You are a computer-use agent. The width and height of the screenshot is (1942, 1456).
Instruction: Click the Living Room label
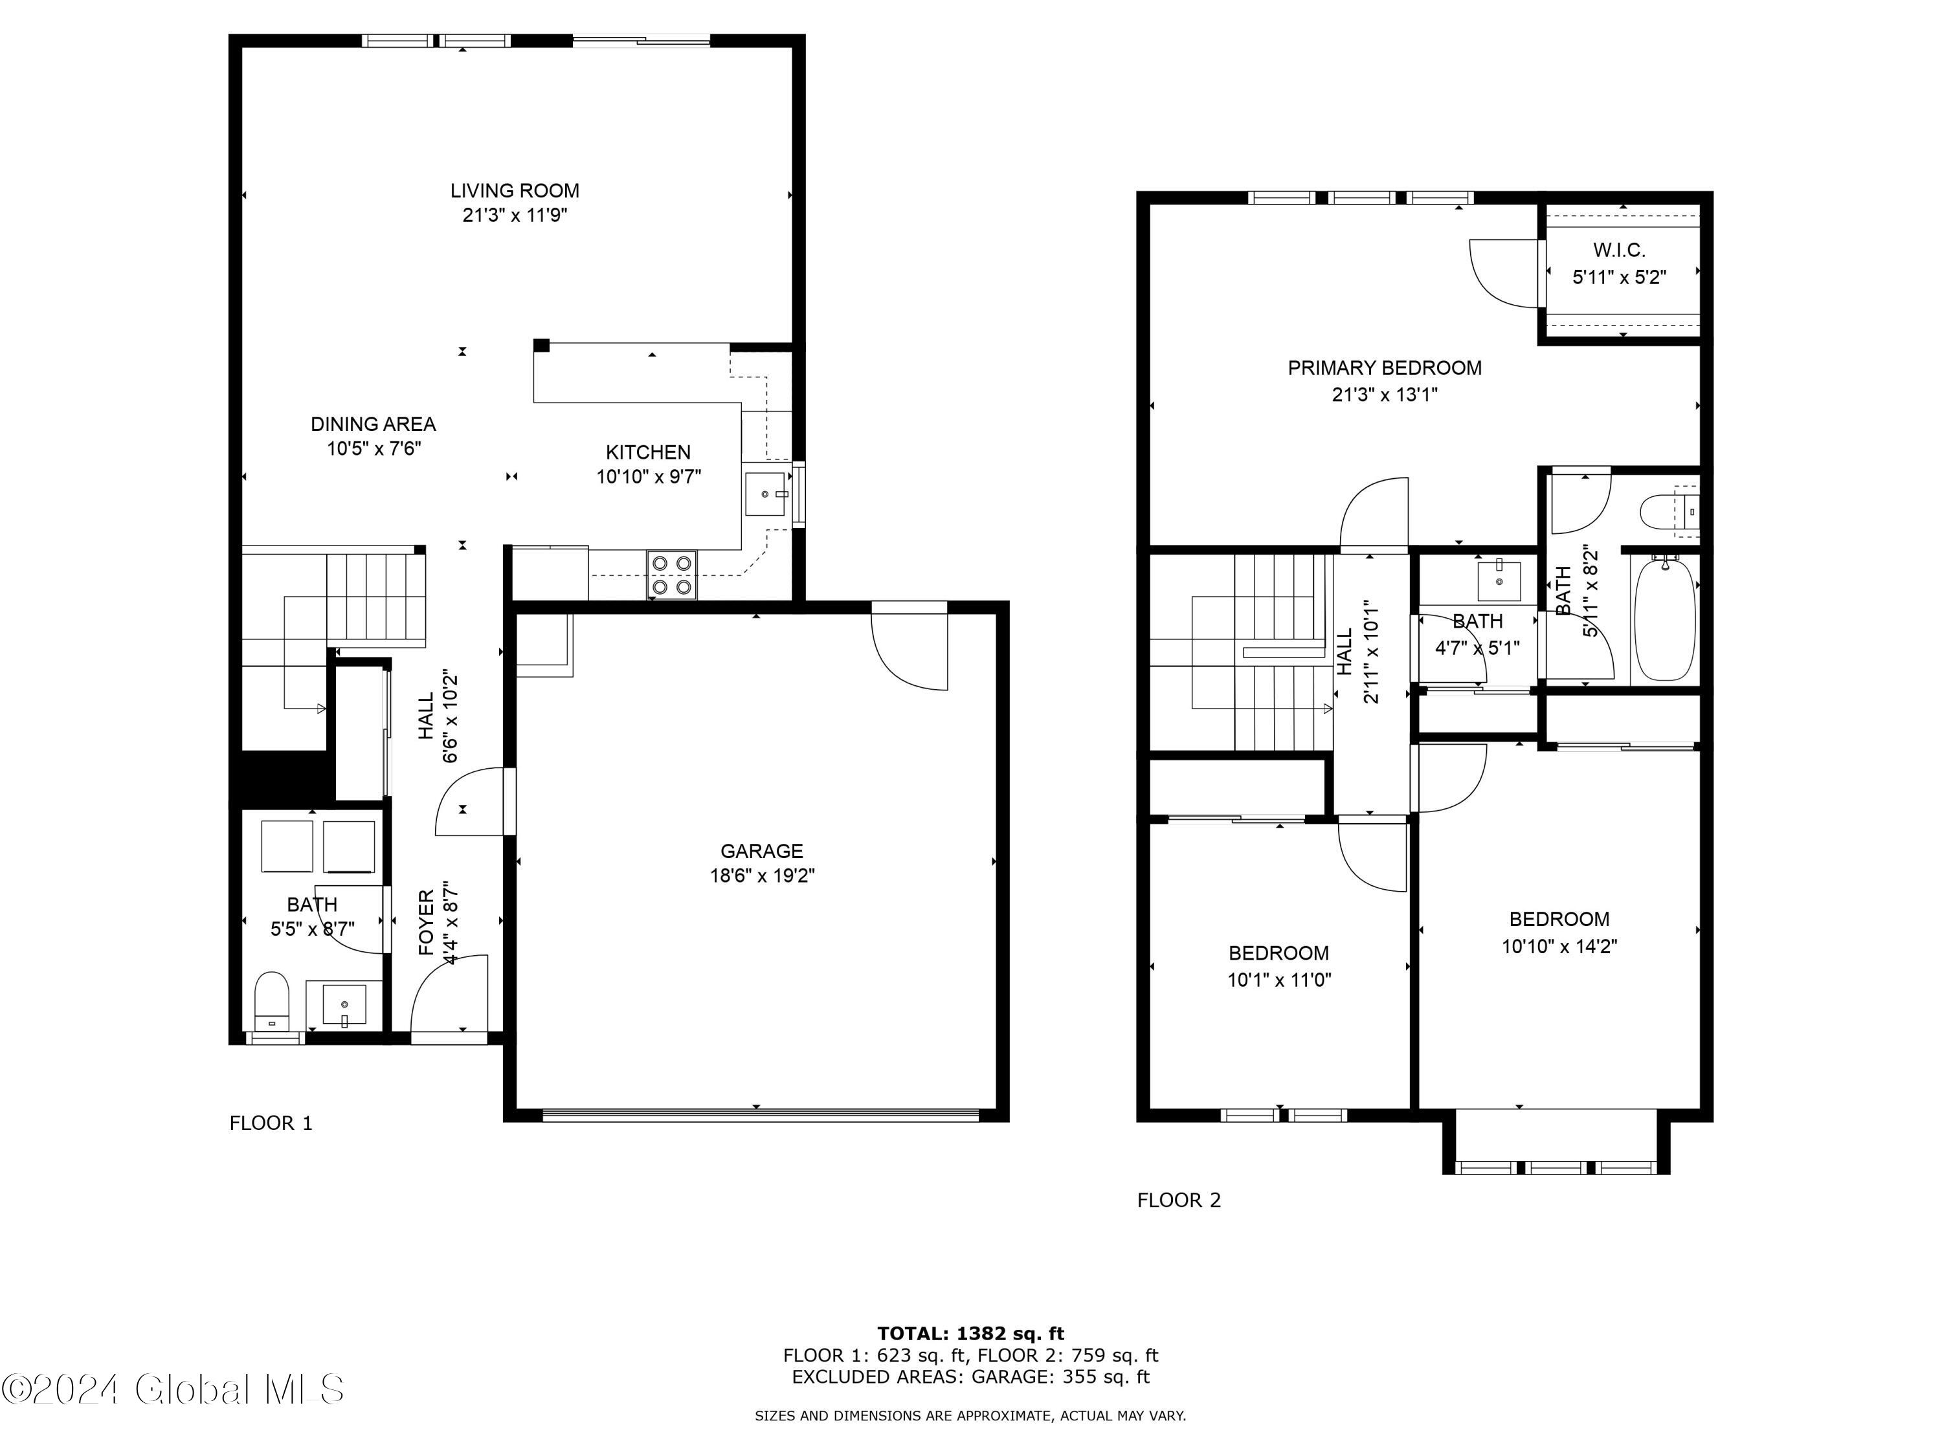coord(515,190)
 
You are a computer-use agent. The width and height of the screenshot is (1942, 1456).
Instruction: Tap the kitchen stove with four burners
coord(673,575)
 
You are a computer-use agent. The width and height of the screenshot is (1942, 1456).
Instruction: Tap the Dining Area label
coord(373,424)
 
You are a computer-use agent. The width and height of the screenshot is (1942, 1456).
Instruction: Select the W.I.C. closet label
coord(1619,251)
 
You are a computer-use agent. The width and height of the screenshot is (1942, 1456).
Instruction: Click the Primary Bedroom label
coord(1385,368)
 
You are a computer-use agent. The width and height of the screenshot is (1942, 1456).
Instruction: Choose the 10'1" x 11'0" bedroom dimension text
coord(1279,980)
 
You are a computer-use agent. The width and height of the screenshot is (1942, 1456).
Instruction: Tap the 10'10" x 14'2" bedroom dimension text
coord(1559,946)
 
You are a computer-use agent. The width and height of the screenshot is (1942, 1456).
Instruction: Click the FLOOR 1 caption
coord(271,1123)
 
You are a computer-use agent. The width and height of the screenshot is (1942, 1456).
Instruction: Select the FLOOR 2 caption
coord(1179,1200)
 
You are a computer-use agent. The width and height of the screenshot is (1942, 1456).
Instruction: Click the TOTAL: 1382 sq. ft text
coord(970,1334)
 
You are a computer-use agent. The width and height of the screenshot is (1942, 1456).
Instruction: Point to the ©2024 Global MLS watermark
coord(173,1389)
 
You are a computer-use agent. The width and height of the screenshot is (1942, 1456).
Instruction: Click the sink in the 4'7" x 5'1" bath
coord(1499,580)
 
